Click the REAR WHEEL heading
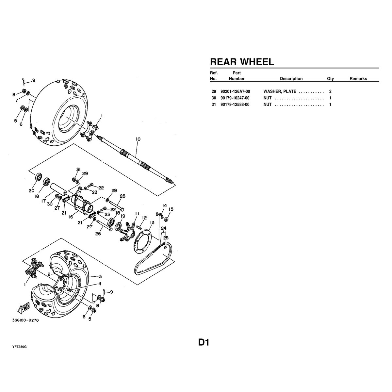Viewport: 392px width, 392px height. tap(242, 62)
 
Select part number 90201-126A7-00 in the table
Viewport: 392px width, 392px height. tap(235, 91)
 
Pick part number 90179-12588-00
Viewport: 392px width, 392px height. tap(235, 105)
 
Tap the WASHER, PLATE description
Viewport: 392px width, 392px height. tap(280, 91)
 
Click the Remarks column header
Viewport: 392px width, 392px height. tap(358, 79)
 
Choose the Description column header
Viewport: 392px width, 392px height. tap(291, 79)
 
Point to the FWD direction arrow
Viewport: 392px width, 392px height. tap(24, 308)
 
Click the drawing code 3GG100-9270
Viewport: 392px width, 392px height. tap(25, 320)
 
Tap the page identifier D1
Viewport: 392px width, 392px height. tap(204, 343)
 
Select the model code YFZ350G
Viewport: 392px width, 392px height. tap(19, 347)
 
